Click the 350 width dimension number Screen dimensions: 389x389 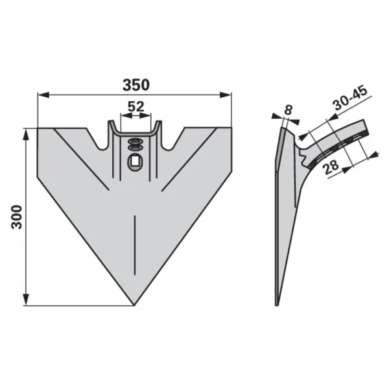click(136, 85)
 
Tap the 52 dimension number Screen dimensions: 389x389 click(136, 107)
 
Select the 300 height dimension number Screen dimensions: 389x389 click(18, 217)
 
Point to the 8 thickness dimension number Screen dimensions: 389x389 click(289, 110)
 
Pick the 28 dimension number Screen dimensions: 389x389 click(331, 167)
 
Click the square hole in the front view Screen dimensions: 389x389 click(135, 161)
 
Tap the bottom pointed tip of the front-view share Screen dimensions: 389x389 click(134, 305)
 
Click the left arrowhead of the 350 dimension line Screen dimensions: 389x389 click(43, 95)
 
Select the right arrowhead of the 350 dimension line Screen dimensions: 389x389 click(226, 95)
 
